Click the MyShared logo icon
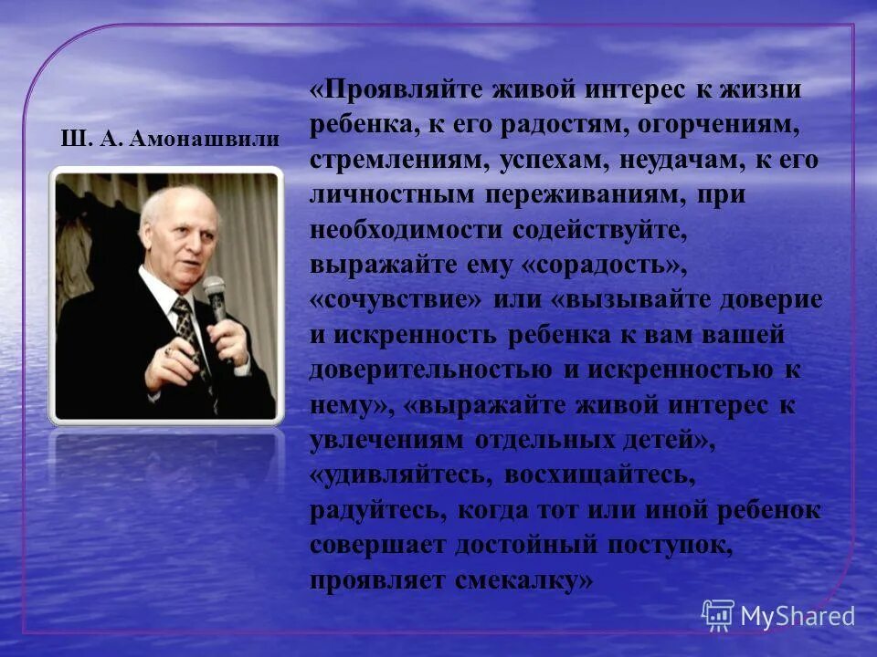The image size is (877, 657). [717, 614]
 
